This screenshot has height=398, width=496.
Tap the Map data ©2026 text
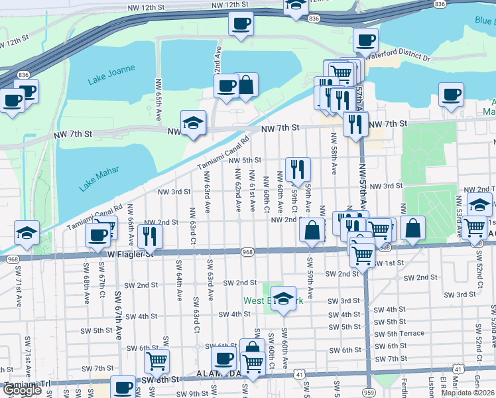467,393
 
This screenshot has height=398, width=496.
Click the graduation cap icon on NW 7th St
193,123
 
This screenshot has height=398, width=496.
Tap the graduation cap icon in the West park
283,299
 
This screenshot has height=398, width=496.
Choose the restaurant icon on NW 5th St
298,170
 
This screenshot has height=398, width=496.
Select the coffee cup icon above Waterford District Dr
365,40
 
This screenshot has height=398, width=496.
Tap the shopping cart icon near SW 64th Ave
157,361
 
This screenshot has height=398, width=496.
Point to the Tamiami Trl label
27,384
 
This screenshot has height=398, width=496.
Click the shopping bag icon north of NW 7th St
246,86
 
